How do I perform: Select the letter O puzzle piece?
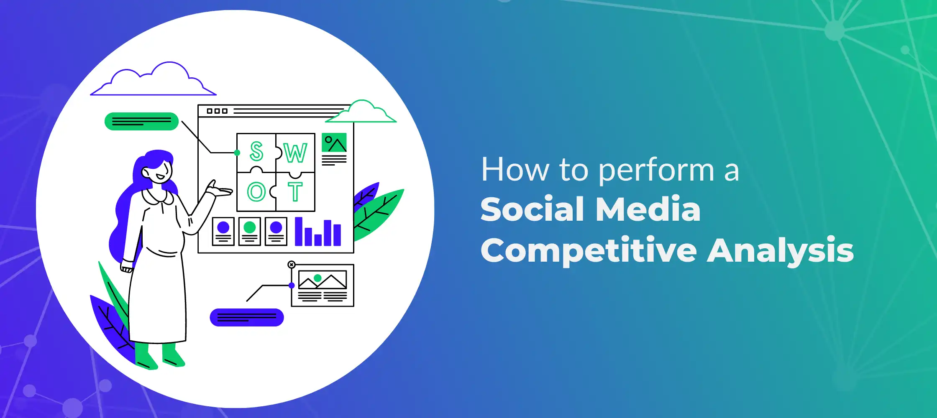256,191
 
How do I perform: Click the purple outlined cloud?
153,79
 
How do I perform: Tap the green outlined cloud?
361,112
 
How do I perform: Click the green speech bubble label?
141,121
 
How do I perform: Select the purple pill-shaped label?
247,317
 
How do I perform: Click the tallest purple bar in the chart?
299,231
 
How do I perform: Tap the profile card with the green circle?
250,231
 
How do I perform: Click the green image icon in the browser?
334,143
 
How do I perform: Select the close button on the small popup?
292,265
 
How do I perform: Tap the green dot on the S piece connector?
237,153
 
